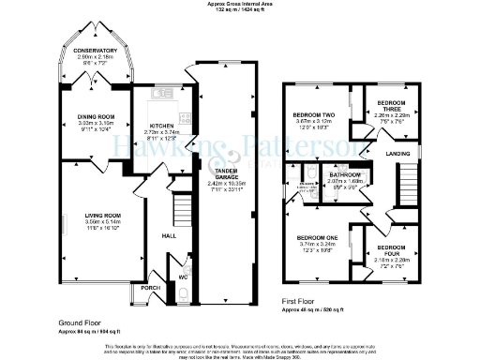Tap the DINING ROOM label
(x=95, y=117)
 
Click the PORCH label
(x=149, y=288)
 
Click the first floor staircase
(x=404, y=177)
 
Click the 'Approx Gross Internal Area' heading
(x=239, y=4)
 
